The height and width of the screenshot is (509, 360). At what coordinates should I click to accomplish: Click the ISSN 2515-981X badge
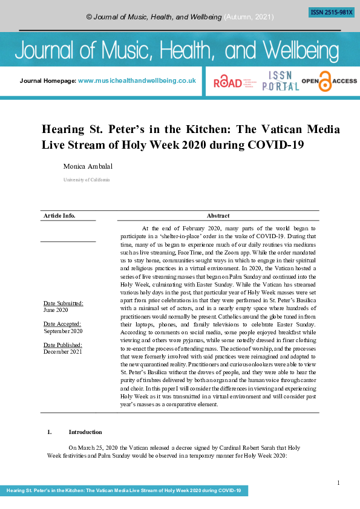pyautogui.click(x=331, y=12)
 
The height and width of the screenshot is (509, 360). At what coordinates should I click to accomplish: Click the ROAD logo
pyautogui.click(x=227, y=82)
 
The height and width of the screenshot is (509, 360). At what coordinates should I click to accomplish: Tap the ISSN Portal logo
pyautogui.click(x=280, y=80)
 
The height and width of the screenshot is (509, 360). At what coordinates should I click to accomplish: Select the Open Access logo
pyautogui.click(x=329, y=81)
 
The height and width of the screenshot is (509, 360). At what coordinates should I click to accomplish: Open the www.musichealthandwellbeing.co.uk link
pyautogui.click(x=137, y=80)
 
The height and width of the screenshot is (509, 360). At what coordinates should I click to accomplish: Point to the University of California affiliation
pyautogui.click(x=87, y=180)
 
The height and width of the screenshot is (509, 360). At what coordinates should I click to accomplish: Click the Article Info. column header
pyautogui.click(x=59, y=216)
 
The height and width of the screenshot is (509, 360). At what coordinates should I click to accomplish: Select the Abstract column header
pyautogui.click(x=218, y=216)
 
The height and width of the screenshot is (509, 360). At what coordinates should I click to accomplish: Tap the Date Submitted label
pyautogui.click(x=63, y=303)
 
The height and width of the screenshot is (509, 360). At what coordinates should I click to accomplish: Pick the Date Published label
pyautogui.click(x=63, y=345)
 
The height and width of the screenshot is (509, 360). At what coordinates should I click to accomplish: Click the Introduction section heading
pyautogui.click(x=85, y=432)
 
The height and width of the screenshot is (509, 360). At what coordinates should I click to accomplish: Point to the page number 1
pyautogui.click(x=338, y=482)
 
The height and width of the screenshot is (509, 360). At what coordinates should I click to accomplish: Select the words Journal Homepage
pyautogui.click(x=48, y=80)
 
